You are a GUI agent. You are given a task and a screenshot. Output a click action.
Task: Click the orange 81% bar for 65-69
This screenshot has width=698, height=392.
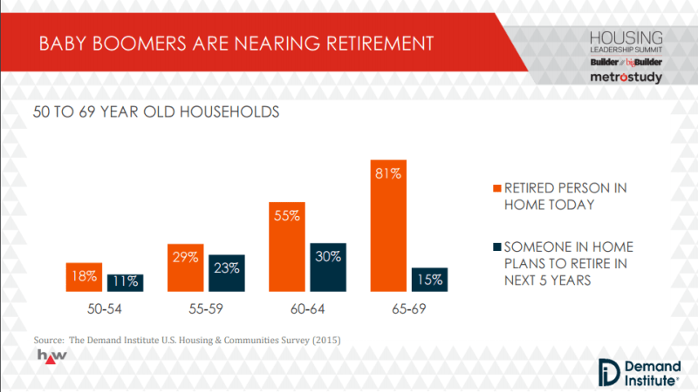[388, 226]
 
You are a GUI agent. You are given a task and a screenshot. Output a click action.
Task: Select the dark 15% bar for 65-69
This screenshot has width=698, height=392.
[429, 280]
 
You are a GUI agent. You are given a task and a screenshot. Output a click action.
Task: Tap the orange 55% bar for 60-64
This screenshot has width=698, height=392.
[287, 247]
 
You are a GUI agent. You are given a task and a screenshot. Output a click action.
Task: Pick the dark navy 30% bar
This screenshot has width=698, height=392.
[328, 267]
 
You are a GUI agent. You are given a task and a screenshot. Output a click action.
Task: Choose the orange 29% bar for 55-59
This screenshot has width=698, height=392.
[186, 267]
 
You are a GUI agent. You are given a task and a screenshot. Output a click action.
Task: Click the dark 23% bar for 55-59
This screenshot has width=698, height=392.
[227, 273]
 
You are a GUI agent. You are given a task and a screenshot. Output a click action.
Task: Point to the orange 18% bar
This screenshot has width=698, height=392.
[84, 277]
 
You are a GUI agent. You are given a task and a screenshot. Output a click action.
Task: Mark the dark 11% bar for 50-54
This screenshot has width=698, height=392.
[125, 282]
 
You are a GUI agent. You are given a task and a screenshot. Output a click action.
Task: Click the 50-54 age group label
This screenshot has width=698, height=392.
[105, 309]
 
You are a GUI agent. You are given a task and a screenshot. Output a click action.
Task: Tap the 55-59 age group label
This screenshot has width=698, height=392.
[206, 309]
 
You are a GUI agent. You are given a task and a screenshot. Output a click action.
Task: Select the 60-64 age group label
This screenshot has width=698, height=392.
[308, 309]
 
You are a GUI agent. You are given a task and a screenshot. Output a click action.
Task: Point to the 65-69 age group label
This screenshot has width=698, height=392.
[409, 309]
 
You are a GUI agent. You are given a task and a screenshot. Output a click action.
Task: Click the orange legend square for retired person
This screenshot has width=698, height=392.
[497, 188]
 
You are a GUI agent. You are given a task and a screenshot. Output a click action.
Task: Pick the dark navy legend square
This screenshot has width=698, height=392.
[497, 247]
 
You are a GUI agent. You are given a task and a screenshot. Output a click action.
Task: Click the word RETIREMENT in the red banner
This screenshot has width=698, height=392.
[380, 44]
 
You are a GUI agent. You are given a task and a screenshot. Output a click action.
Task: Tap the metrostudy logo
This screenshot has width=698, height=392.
[626, 77]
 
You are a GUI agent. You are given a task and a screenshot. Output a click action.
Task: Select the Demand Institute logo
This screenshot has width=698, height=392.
[640, 373]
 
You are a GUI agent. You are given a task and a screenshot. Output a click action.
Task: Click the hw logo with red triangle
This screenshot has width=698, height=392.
[52, 356]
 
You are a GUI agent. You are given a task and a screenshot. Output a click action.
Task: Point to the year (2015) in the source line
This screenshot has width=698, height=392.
[326, 340]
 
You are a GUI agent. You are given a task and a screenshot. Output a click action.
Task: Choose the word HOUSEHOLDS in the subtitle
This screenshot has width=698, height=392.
[229, 112]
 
